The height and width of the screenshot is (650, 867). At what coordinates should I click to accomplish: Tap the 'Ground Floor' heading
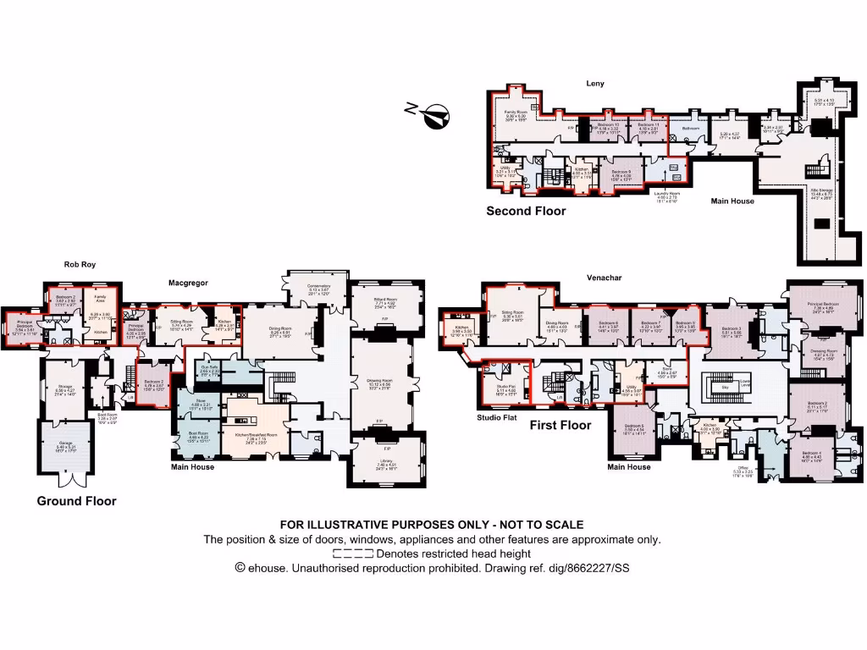[x=76, y=501]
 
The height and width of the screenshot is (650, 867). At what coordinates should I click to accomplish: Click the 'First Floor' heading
[x=560, y=425]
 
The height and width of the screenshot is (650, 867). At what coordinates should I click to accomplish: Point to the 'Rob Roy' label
[x=80, y=265]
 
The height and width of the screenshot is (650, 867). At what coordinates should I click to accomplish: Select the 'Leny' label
[x=594, y=84]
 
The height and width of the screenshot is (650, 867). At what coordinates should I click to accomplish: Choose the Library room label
[x=386, y=462]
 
